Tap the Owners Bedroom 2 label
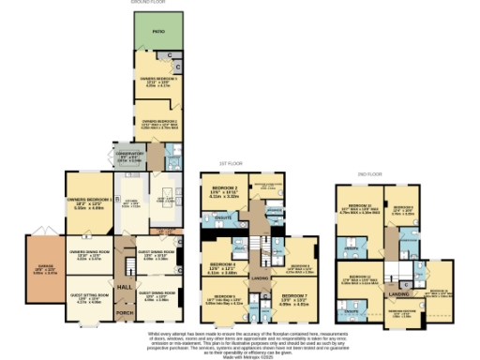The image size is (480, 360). coord(160,121)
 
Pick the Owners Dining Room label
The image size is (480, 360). coord(88,252)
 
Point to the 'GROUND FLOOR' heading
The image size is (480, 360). coord(150,4)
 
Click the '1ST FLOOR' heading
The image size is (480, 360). coord(245,161)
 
